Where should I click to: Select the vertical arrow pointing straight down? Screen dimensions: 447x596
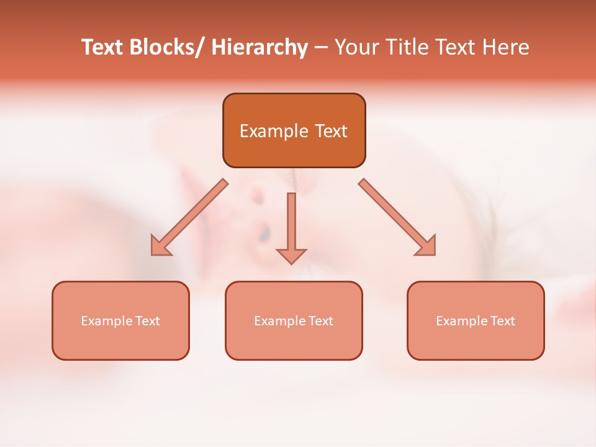(291, 223)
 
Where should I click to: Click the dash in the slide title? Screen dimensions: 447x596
(321, 48)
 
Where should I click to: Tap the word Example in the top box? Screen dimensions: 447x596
(274, 131)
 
